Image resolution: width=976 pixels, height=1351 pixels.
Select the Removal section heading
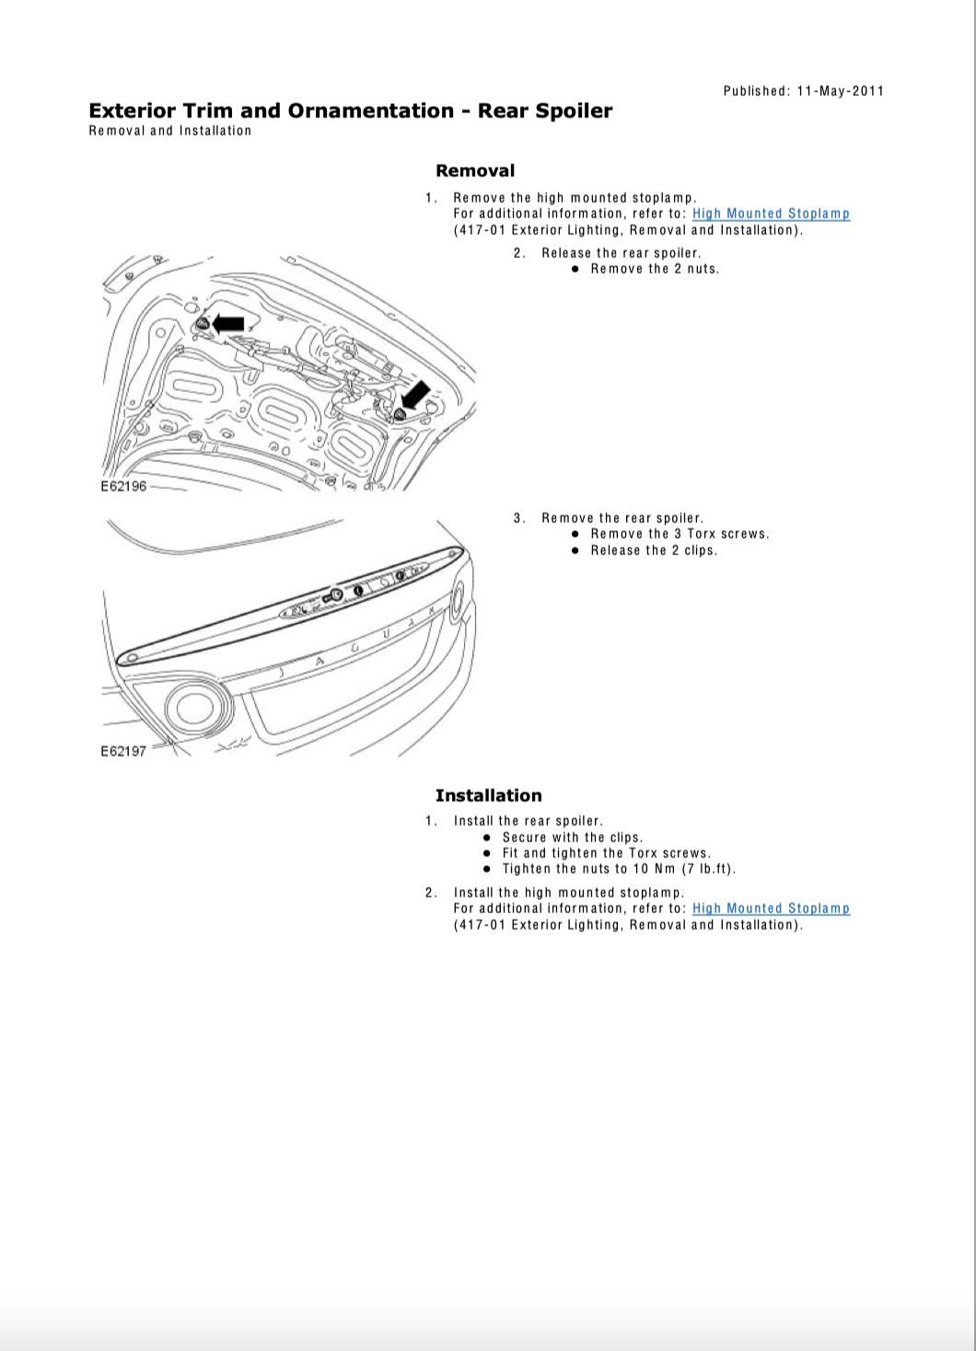pos(475,171)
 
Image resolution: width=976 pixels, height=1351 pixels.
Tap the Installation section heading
pos(488,796)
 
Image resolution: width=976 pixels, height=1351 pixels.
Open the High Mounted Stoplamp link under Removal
pos(771,214)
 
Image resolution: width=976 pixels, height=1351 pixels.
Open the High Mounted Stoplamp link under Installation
pos(771,908)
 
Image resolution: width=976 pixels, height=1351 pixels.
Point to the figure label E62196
pos(123,486)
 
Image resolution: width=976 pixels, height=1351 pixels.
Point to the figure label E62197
pos(123,751)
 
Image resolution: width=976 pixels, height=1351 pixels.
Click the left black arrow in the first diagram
pos(228,323)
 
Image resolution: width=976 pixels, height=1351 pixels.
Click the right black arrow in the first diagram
pos(415,396)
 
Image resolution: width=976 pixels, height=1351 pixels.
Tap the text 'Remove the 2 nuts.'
pos(655,269)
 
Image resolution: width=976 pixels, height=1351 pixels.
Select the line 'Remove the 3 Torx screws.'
pos(680,534)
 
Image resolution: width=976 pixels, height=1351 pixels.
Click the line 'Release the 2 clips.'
pos(654,550)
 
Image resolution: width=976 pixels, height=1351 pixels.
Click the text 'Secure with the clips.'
pos(573,837)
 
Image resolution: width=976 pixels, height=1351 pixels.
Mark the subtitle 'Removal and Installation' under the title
pos(170,131)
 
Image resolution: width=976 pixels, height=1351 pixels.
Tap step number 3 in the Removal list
pos(519,518)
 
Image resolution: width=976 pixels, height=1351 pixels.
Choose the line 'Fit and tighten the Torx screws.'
pos(607,853)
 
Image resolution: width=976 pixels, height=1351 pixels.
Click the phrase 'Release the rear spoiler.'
pos(622,253)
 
